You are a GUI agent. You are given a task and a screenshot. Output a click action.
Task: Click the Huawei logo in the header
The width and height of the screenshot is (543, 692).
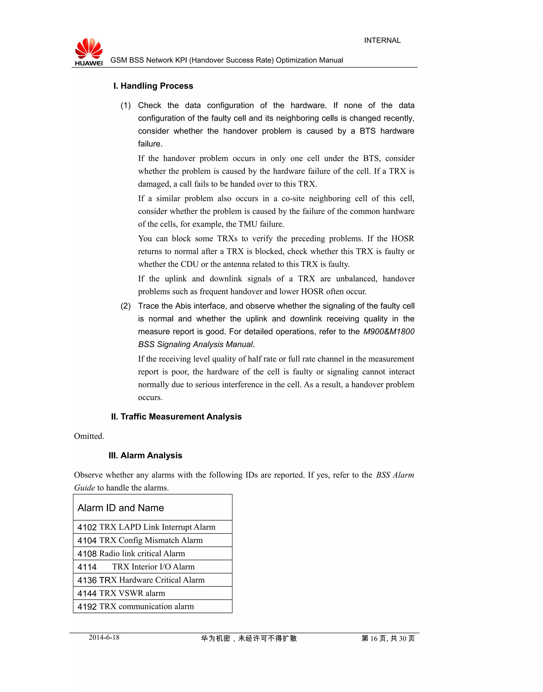pos(89,52)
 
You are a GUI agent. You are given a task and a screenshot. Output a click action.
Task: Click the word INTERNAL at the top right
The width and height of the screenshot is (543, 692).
pos(382,40)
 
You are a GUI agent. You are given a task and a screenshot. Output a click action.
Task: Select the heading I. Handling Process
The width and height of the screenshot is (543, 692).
pos(153,86)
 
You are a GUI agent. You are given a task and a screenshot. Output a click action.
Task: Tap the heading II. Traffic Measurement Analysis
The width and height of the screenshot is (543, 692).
pos(176,417)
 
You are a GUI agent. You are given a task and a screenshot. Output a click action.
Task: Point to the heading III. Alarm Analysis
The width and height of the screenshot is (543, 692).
pos(145,455)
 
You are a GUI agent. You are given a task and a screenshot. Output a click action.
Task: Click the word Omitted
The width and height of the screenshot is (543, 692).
pos(89,436)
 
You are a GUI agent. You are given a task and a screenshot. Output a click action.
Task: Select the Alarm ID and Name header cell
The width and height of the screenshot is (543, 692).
pos(121,508)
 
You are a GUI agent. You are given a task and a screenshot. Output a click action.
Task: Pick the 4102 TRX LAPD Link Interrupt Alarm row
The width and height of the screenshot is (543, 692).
pos(146,527)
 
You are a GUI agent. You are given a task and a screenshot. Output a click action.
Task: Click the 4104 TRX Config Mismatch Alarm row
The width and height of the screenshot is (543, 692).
pos(140,540)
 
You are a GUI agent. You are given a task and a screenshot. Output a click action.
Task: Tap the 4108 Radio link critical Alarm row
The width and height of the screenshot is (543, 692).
pos(131,553)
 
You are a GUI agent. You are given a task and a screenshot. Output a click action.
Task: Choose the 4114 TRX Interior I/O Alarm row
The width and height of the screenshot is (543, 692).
pos(136,567)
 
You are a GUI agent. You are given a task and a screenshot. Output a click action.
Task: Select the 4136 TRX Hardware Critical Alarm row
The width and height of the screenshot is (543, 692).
pos(141,580)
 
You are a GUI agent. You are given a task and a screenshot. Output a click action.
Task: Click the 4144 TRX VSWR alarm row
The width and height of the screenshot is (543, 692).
pos(121,593)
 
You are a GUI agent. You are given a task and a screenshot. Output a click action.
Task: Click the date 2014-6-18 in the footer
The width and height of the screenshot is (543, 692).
pos(104,637)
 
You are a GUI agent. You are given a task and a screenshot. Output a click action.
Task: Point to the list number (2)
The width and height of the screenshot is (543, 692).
pos(126,306)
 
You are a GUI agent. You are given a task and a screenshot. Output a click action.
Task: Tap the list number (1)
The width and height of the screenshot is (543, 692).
pos(126,106)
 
